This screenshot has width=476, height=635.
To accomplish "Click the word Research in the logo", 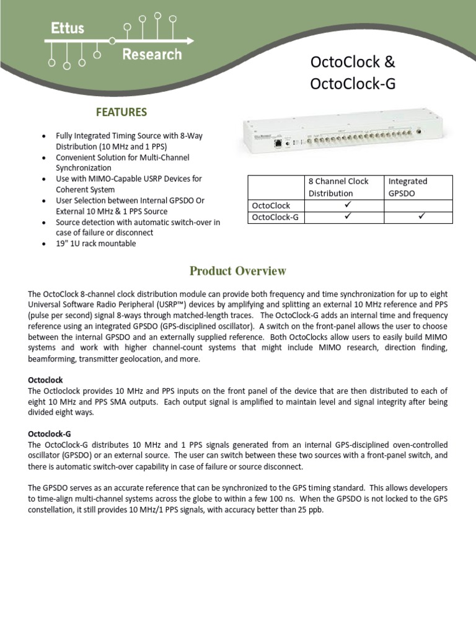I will (151, 55).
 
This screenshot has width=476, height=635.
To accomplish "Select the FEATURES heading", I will (121, 112).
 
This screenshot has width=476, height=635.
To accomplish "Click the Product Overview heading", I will (238, 271).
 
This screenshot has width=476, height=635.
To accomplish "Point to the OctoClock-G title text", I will (352, 84).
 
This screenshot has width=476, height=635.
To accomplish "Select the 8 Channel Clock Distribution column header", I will (338, 187).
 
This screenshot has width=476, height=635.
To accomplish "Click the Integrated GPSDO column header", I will (407, 187).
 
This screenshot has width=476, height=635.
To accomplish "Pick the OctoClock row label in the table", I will (271, 205).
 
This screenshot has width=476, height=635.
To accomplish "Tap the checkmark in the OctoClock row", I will (347, 205).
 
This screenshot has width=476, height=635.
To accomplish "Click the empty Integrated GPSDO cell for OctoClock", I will (418, 205).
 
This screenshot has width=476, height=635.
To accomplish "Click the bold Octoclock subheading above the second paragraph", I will (45, 380).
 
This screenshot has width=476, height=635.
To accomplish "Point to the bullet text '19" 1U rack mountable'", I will (95, 244).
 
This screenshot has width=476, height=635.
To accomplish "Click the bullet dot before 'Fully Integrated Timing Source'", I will (43, 136).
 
